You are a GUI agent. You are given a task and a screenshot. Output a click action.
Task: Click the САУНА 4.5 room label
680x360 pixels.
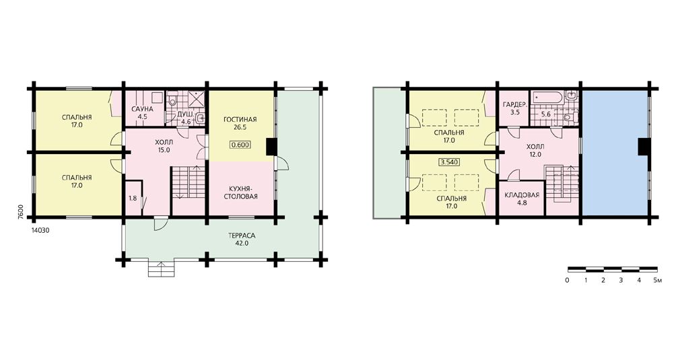142,112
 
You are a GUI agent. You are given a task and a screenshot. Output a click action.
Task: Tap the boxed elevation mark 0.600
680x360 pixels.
240,145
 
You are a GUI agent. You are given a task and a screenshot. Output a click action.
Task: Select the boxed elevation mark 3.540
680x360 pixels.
449,162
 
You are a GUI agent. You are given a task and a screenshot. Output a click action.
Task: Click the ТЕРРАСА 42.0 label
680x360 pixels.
242,239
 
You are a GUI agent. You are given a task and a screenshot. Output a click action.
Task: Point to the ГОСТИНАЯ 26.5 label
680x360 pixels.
240,123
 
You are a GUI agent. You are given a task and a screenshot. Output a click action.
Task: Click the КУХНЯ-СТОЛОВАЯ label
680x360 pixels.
240,192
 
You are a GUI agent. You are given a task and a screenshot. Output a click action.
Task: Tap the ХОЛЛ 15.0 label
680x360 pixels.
164,146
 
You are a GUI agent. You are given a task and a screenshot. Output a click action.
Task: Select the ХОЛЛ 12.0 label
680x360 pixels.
535,150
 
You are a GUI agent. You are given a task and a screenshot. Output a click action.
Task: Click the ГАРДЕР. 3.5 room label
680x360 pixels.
515,108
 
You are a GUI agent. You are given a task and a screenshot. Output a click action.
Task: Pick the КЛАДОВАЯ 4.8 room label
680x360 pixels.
522,199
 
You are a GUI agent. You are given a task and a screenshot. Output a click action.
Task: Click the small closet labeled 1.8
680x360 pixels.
133,199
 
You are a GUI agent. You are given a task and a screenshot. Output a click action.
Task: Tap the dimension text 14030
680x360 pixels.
40,231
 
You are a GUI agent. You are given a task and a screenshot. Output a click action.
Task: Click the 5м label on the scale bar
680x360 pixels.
658,281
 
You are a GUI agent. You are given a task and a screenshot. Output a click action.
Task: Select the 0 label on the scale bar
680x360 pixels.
568,281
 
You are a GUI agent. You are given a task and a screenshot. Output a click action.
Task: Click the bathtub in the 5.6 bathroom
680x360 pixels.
548,98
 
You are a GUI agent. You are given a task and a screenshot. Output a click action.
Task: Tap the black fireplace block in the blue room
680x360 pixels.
643,147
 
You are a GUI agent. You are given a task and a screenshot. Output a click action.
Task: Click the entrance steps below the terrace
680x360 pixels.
162,268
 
